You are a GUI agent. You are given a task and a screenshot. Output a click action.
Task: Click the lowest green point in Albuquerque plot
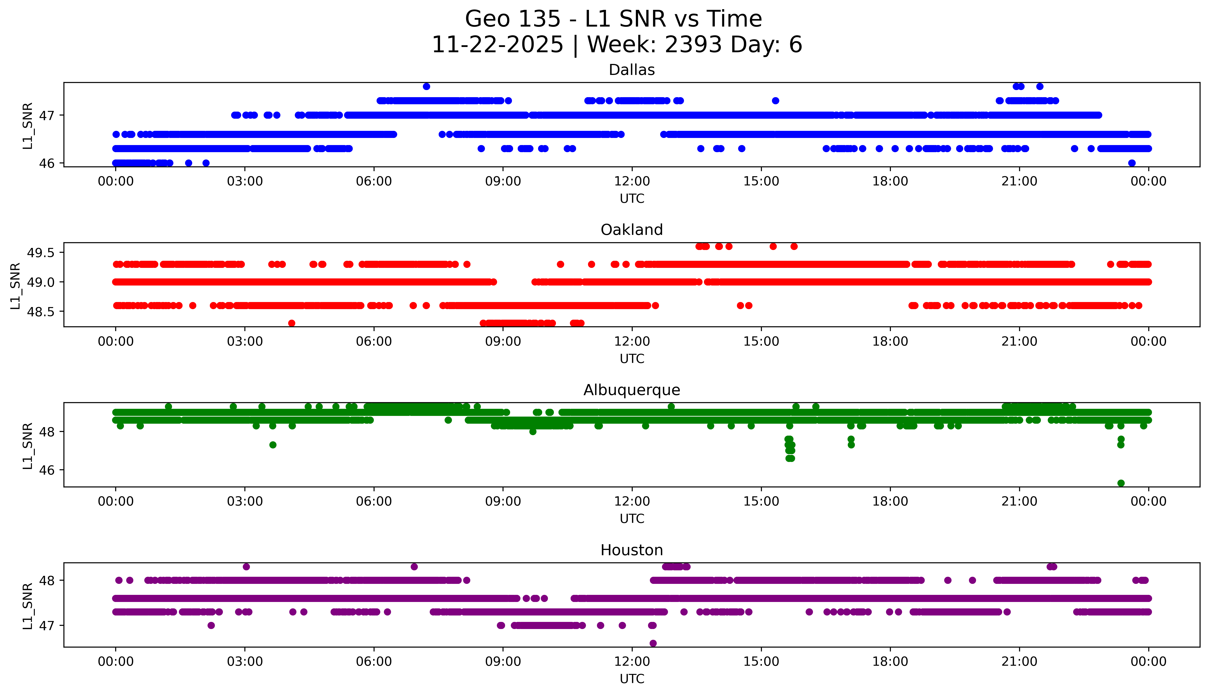pos(1121,483)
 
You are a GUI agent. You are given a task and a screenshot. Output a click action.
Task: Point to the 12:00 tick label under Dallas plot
pos(632,181)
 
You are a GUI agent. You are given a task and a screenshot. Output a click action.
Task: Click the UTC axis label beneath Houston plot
pos(632,679)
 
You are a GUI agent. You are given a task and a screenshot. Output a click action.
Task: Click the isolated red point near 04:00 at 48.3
pos(292,323)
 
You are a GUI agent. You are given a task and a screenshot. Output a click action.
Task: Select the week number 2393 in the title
pos(694,45)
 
